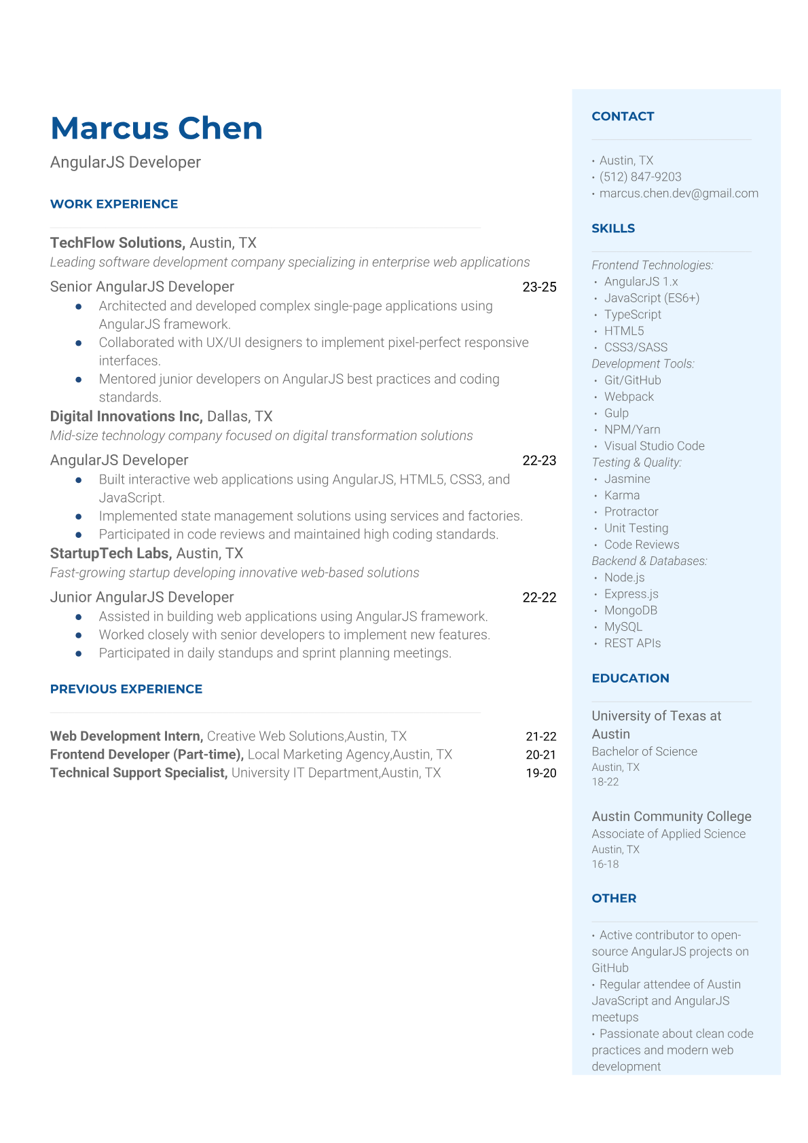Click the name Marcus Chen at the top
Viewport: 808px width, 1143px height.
[x=156, y=128]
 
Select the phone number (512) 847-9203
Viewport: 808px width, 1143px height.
[x=640, y=177]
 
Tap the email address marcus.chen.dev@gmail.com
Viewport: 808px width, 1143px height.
[x=678, y=194]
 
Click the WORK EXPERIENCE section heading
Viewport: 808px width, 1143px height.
[x=114, y=204]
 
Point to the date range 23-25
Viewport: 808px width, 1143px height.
[x=539, y=287]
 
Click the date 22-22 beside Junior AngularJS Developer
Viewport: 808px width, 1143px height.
[x=539, y=598]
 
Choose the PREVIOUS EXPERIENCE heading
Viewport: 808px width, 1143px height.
[x=126, y=689]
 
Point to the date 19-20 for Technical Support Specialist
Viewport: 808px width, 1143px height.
[x=540, y=773]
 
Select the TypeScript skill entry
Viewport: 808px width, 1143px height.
[x=632, y=314]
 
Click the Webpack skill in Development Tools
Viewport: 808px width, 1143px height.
[x=629, y=397]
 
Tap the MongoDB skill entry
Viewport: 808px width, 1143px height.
[x=630, y=611]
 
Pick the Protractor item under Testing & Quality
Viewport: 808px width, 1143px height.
[x=631, y=512]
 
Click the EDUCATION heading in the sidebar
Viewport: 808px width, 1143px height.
[x=630, y=678]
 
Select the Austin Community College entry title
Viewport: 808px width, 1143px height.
[x=671, y=816]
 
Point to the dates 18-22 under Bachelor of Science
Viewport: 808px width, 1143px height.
[x=605, y=782]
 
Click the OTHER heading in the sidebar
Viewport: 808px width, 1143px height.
[x=614, y=899]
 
